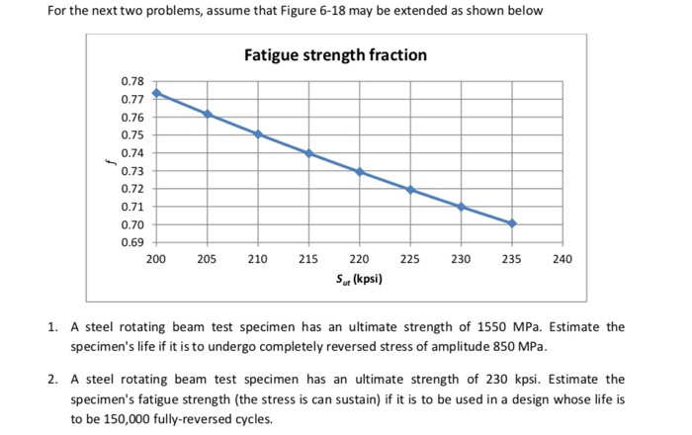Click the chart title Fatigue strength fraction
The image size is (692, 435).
click(x=336, y=55)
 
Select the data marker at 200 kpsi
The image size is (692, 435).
click(x=156, y=93)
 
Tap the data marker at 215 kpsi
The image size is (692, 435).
click(x=309, y=153)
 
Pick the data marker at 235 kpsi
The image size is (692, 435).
click(x=512, y=223)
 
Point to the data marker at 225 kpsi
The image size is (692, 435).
click(x=410, y=190)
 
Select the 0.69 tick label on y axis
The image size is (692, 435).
click(x=131, y=242)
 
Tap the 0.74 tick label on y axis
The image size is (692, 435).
click(x=131, y=153)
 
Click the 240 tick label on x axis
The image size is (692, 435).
click(x=562, y=259)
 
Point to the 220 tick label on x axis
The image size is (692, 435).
click(x=360, y=259)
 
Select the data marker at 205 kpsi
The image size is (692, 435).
click(x=208, y=114)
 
